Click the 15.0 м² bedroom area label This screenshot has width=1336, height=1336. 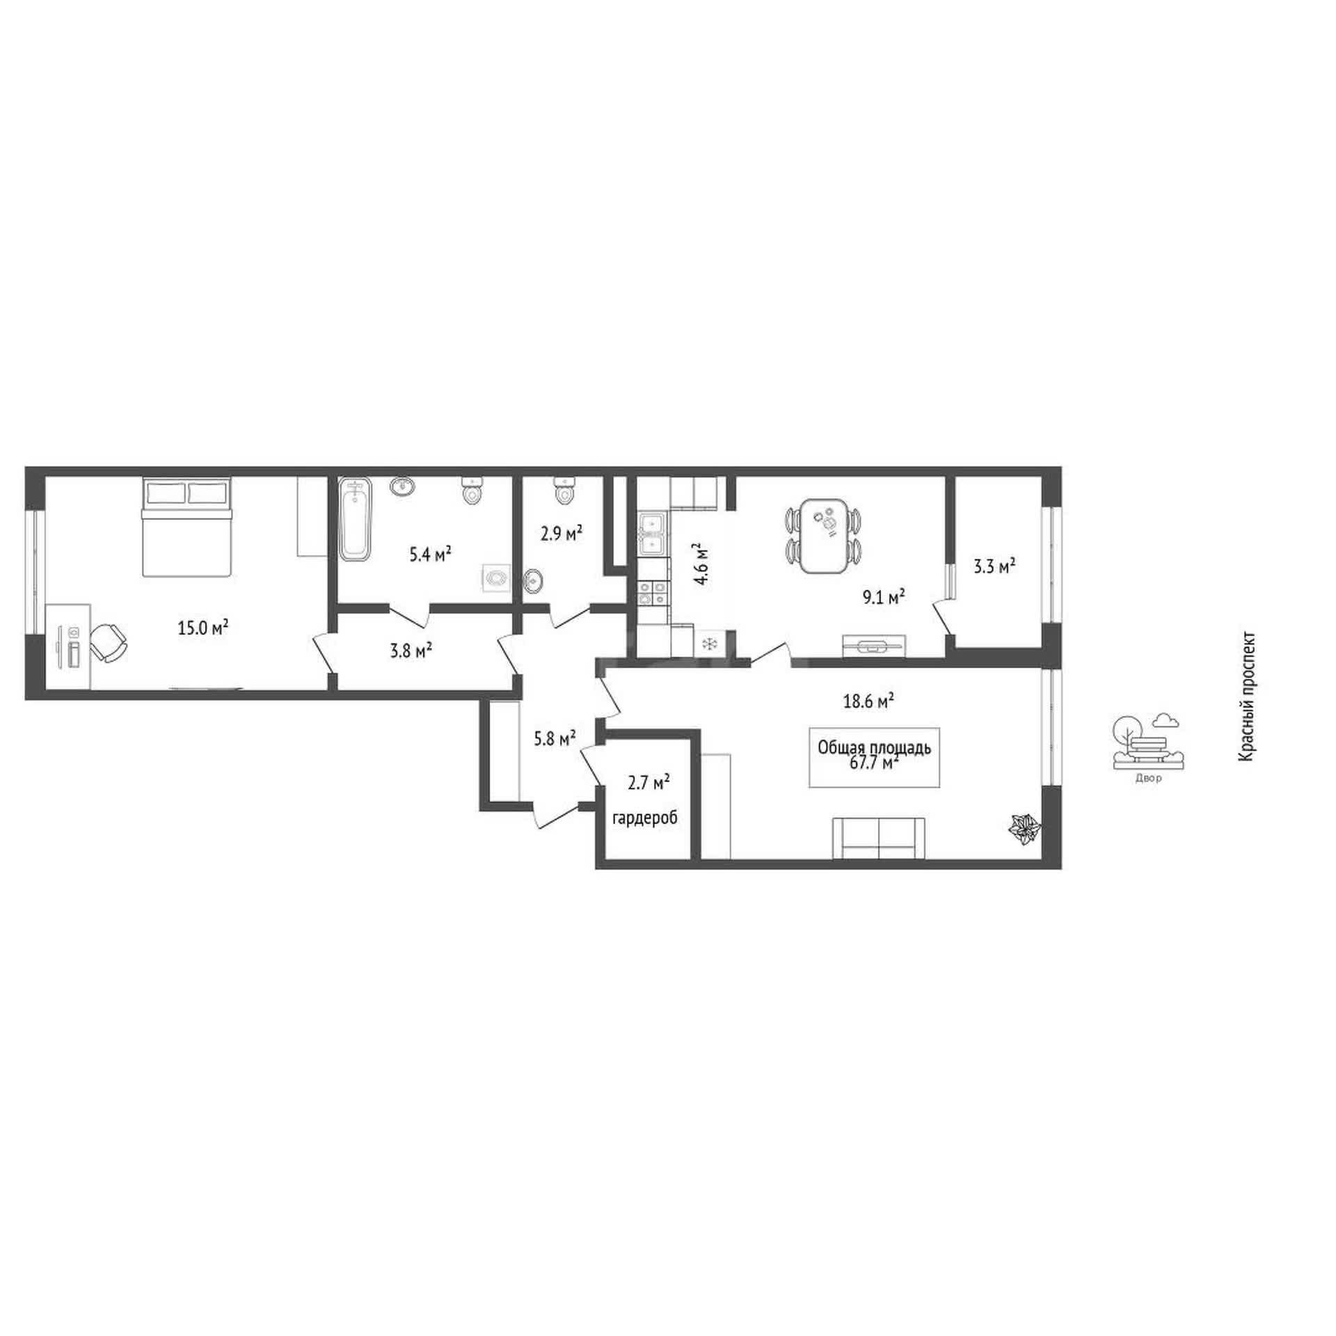203,628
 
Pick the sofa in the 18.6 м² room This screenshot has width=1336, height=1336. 879,838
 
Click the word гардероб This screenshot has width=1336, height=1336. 644,818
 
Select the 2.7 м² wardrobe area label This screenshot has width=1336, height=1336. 649,783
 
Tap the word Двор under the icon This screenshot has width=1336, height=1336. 1148,779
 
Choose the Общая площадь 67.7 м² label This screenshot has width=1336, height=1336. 875,756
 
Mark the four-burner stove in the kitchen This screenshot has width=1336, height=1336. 652,593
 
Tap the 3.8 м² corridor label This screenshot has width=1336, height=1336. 411,651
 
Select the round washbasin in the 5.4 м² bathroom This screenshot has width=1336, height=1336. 401,486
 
